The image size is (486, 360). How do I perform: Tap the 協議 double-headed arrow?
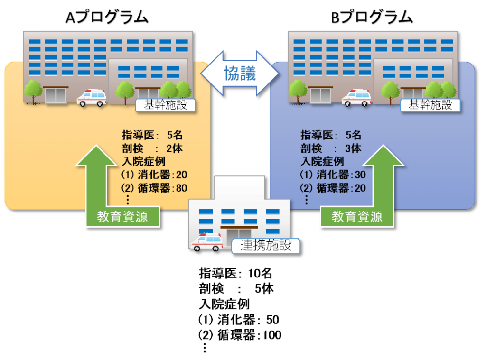240,73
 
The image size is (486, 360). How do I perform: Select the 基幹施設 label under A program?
166,105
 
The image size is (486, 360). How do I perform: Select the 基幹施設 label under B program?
430,105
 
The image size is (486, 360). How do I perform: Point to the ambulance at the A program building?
92,98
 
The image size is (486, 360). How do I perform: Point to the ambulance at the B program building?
356,98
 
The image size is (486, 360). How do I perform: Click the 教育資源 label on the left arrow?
122,217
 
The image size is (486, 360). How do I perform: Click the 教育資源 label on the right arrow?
357,217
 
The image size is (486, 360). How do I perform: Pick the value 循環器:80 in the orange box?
155,188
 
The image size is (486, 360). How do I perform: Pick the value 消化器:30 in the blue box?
334,175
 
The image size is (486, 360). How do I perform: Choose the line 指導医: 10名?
235,274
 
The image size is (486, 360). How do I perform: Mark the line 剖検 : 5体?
236,289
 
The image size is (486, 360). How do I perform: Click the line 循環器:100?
240,335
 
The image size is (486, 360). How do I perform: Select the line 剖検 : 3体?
331,148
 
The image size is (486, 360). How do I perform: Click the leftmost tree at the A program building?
33,90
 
